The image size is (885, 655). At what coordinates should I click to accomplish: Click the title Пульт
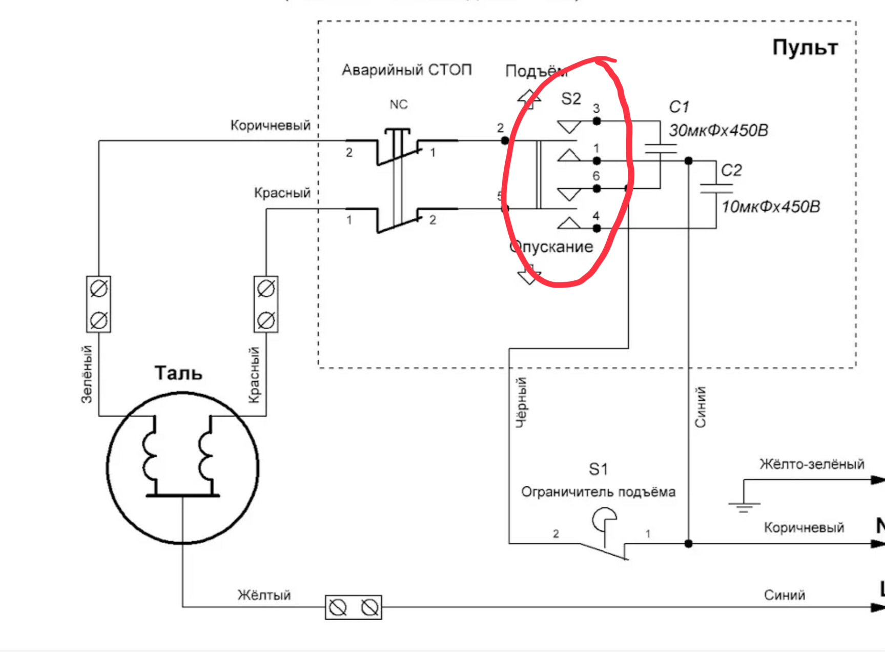[805, 48]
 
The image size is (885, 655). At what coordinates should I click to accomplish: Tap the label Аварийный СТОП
[406, 70]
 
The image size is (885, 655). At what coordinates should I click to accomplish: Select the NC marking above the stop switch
[398, 105]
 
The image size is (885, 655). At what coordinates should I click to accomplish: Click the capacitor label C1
[679, 107]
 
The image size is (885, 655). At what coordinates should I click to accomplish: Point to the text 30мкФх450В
[718, 130]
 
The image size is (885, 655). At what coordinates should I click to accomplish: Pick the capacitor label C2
[731, 170]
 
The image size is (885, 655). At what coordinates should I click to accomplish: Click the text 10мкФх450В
[771, 207]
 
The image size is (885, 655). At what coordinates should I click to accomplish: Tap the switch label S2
[571, 98]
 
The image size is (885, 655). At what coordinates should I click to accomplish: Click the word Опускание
[551, 247]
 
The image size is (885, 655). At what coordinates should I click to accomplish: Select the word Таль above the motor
[178, 373]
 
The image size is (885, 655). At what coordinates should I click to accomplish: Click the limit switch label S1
[598, 469]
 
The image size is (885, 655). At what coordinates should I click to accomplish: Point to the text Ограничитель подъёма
[598, 492]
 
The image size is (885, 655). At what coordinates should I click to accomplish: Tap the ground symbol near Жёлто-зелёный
[744, 505]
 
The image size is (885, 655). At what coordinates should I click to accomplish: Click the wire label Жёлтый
[264, 595]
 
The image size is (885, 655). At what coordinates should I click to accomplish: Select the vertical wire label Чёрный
[521, 402]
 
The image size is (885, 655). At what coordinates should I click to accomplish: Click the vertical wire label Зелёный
[87, 374]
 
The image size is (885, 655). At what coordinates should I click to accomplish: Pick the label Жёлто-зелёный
[812, 464]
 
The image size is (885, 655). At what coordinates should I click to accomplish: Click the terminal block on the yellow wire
[354, 608]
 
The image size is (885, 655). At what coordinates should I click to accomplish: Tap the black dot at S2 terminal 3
[596, 121]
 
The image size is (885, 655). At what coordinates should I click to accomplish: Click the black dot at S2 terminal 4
[596, 228]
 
